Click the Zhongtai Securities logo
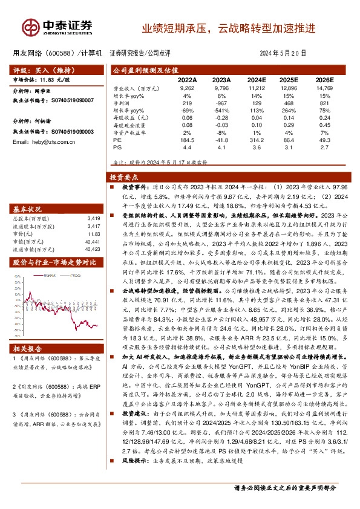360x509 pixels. (x=57, y=27)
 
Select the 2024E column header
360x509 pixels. (x=256, y=80)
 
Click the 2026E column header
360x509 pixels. (x=325, y=80)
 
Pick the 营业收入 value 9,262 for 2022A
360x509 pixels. (x=187, y=88)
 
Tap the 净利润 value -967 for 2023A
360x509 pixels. (x=222, y=103)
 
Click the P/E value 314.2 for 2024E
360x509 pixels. (x=257, y=140)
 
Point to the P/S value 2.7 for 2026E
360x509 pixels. (x=325, y=147)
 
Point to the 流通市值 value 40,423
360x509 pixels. (x=92, y=248)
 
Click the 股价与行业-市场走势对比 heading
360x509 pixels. (x=54, y=262)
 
